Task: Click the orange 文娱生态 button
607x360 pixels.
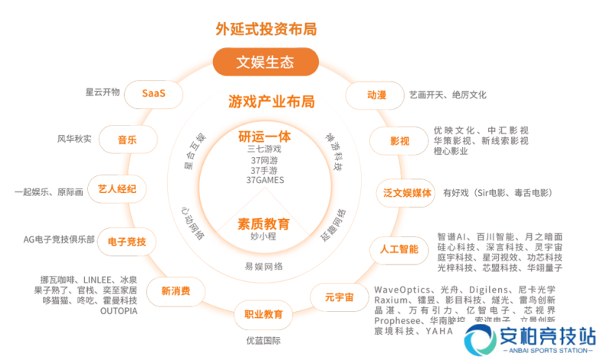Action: click(265, 61)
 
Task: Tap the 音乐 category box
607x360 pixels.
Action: click(127, 139)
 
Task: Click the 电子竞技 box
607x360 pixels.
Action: click(127, 242)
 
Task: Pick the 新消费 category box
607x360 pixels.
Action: click(176, 291)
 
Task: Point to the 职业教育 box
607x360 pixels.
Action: click(264, 314)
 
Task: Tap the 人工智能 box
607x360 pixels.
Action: click(399, 249)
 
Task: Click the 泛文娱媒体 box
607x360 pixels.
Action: click(407, 193)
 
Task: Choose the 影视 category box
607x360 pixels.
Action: click(399, 141)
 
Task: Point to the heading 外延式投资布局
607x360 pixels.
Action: click(265, 30)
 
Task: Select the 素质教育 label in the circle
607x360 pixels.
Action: click(264, 224)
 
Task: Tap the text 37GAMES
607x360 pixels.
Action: click(265, 180)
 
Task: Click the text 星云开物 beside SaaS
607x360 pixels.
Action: click(103, 93)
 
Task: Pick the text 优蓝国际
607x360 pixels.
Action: click(264, 340)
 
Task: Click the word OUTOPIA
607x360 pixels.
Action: click(119, 312)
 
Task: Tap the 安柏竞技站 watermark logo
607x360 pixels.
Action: click(530, 339)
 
